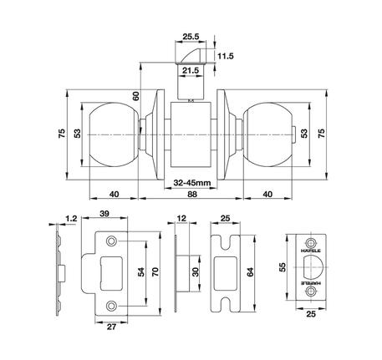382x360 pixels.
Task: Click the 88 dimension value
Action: point(193,194)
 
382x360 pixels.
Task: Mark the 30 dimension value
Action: point(196,272)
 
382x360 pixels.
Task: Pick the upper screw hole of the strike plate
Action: point(113,243)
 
